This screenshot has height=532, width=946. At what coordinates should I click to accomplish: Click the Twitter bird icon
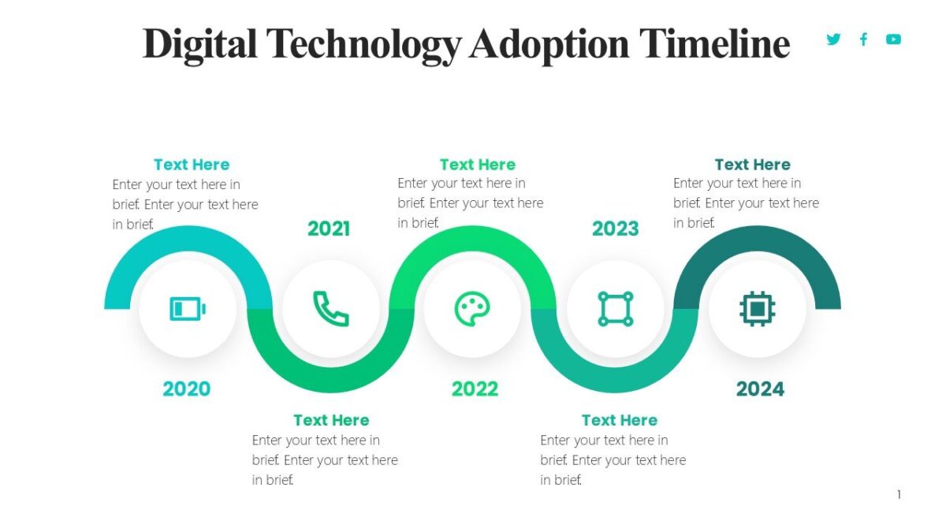833,39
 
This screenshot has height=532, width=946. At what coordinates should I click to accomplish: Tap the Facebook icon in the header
863,39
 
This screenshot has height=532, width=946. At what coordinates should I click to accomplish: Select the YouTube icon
893,39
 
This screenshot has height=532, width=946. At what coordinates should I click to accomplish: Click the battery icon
188,308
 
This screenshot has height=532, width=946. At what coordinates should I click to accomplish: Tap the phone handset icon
331,308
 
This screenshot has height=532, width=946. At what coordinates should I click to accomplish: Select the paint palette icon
472,308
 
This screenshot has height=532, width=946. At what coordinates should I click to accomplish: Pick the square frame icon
616,308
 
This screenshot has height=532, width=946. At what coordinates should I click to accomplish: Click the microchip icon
758,308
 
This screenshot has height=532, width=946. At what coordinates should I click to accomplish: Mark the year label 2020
187,389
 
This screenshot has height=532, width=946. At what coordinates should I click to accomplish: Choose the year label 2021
329,229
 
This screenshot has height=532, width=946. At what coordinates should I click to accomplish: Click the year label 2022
475,389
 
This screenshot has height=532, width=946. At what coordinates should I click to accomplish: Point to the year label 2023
616,229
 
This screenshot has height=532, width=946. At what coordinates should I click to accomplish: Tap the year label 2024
760,389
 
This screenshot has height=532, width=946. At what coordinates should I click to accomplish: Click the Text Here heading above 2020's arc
192,165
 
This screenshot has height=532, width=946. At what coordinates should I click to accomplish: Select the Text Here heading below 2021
331,420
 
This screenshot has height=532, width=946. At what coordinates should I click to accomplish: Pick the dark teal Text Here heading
752,165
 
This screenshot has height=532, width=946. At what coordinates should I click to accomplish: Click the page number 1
899,495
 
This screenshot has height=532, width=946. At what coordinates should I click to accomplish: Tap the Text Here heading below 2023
620,420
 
